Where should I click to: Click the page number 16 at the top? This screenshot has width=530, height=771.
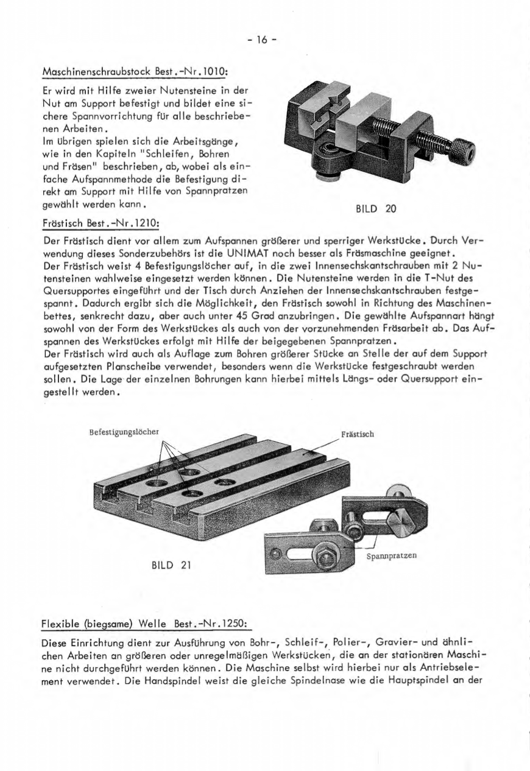[262, 41]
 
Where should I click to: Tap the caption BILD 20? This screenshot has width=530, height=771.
[375, 208]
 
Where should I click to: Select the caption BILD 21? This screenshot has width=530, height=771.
[171, 565]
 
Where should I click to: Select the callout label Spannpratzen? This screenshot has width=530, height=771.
[392, 557]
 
